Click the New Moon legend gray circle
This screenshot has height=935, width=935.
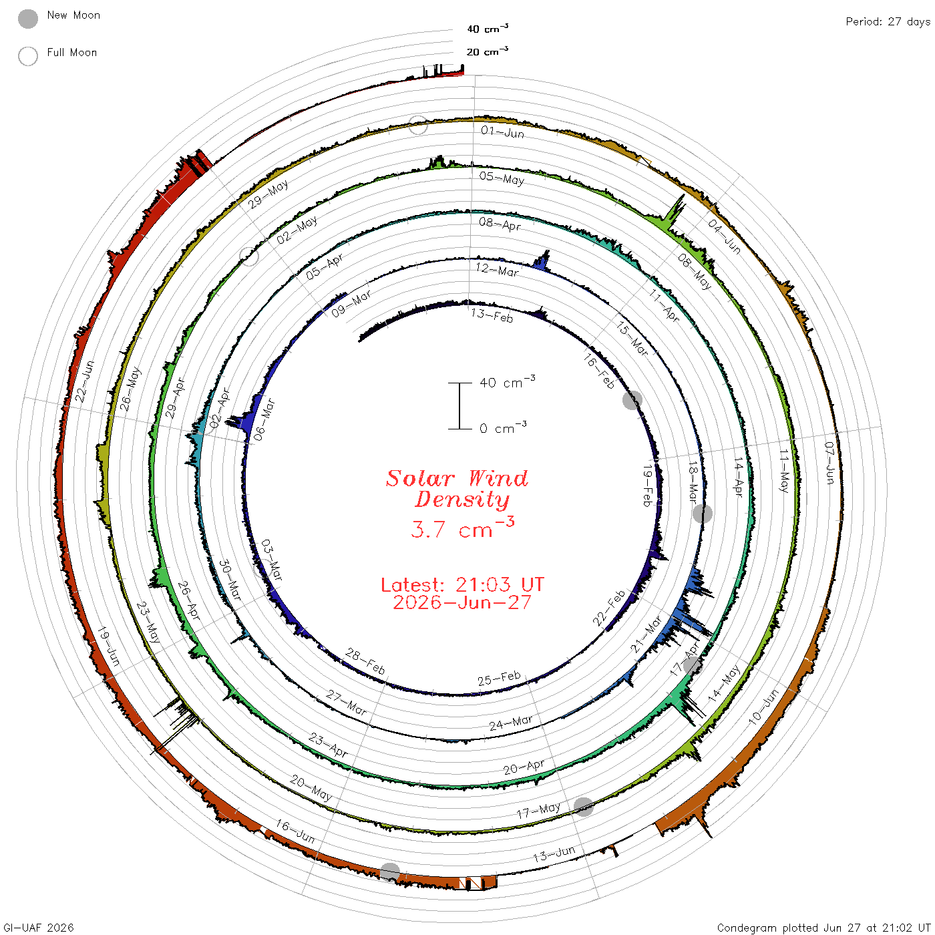pyautogui.click(x=27, y=19)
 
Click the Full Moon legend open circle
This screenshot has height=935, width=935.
pyautogui.click(x=27, y=56)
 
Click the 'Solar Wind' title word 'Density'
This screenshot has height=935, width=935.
pyautogui.click(x=462, y=500)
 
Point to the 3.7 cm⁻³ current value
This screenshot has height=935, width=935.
pyautogui.click(x=462, y=528)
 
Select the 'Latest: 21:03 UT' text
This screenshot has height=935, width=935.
pyautogui.click(x=462, y=584)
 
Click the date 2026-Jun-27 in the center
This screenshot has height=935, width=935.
pyautogui.click(x=462, y=602)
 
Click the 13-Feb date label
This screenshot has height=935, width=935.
pyautogui.click(x=492, y=315)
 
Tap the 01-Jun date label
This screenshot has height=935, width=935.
pyautogui.click(x=502, y=132)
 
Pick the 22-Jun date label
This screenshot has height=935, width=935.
pyautogui.click(x=84, y=381)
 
